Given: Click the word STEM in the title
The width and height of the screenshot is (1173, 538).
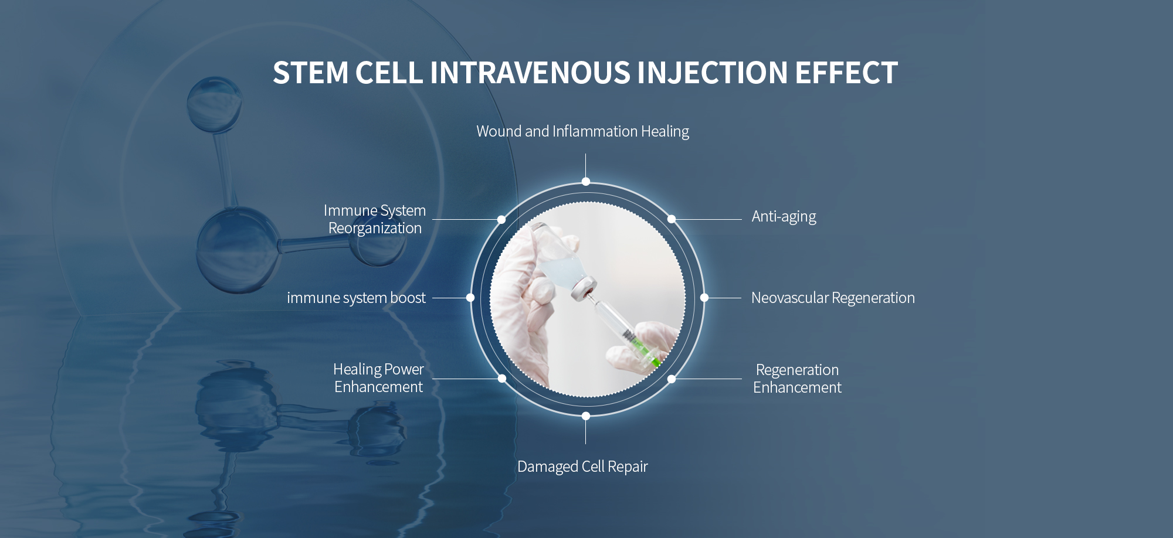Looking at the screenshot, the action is point(311,73).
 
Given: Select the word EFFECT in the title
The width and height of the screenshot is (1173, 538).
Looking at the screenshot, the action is point(846,73).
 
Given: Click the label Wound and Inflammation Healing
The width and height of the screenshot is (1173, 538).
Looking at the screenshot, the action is point(582,132).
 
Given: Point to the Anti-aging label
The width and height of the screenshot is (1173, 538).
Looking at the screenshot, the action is point(784,217).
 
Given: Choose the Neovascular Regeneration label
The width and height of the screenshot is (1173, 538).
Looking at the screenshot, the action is point(833,298).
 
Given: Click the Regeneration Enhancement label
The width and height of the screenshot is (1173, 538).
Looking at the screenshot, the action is point(797,379).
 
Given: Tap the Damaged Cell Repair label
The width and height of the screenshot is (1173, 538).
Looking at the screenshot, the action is point(582,467).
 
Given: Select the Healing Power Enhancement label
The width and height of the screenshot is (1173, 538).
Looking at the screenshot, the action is point(378,378).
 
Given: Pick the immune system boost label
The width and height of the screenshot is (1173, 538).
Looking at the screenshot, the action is point(356,298).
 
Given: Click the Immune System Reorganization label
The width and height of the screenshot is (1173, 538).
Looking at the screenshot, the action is point(375,219).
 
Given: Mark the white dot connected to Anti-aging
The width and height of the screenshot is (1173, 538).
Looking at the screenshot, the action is point(672,219).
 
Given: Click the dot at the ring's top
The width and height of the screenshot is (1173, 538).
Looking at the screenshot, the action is point(586,182).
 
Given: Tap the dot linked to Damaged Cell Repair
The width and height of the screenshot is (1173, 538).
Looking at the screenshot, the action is point(586,416).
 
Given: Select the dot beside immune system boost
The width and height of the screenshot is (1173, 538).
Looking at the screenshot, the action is point(470,298).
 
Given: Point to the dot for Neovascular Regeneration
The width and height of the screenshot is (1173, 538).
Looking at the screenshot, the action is point(704,298).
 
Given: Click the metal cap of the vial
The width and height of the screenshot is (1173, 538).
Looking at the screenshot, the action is point(584,289).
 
